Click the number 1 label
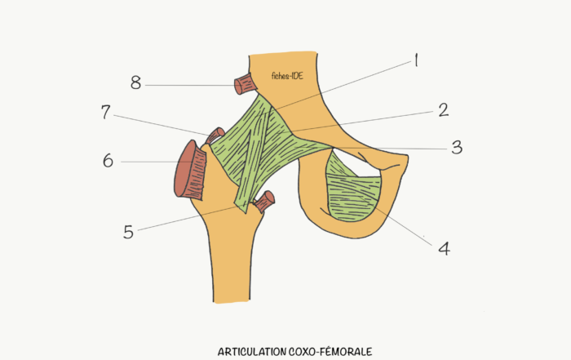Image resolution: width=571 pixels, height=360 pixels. [x=416, y=60]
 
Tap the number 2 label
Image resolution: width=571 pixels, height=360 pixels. [x=443, y=109]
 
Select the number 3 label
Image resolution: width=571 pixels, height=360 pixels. [x=457, y=147]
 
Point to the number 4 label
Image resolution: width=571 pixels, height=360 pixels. [x=444, y=248]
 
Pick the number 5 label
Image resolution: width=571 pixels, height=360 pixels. [x=129, y=232]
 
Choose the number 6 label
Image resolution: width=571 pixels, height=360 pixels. [x=108, y=161]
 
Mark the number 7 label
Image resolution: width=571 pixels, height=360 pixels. [x=105, y=112]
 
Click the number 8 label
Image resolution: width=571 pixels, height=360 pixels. [x=136, y=82]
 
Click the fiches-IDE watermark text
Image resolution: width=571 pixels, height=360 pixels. [x=287, y=76]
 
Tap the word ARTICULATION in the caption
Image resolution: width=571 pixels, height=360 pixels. [x=252, y=352]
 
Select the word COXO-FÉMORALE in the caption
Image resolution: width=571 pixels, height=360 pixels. [x=330, y=352]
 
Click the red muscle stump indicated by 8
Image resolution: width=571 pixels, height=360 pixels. [x=244, y=84]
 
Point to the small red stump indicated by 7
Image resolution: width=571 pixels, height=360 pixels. [x=215, y=136]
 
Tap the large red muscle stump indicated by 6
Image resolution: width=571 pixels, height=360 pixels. [x=190, y=170]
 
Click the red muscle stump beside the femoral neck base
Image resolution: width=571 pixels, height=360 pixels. [x=265, y=201]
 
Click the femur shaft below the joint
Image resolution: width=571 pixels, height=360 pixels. [x=231, y=262]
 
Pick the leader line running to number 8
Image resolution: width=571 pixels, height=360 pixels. [x=190, y=86]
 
